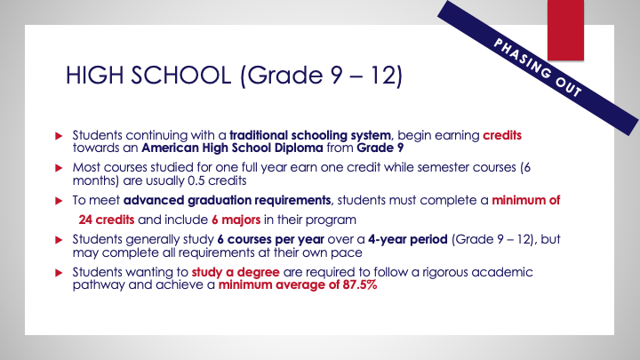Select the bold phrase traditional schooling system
(296, 135)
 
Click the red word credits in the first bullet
(502, 135)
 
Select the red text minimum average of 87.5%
(284, 284)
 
